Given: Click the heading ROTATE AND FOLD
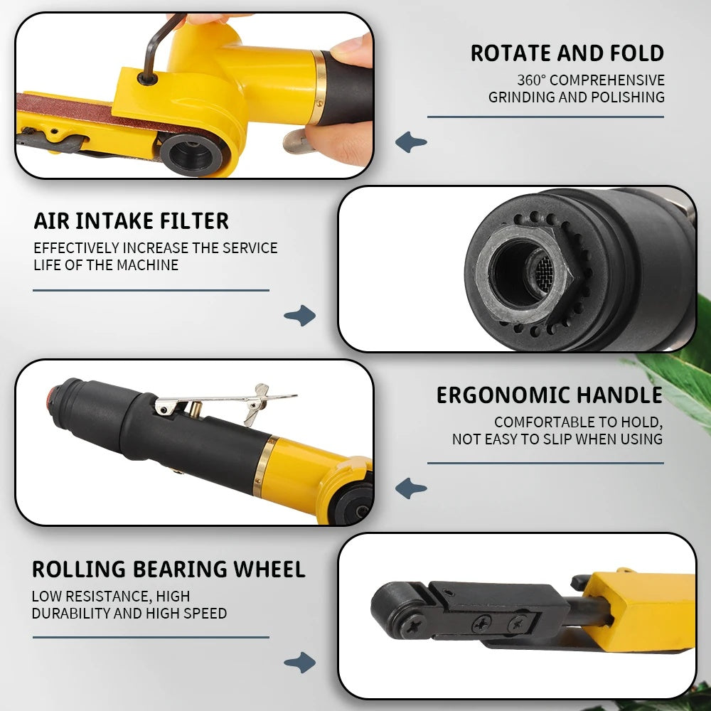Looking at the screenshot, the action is click(x=567, y=53).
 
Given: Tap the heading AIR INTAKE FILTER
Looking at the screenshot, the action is click(x=131, y=221).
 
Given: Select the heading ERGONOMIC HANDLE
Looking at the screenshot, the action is click(x=549, y=395).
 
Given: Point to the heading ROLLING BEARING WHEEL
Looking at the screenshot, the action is click(x=169, y=569).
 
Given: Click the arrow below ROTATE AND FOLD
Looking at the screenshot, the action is click(x=411, y=142).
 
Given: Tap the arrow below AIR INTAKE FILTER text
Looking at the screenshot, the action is click(x=300, y=315).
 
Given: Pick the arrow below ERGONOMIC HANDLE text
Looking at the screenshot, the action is click(x=411, y=488).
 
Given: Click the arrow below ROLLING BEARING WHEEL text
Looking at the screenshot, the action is click(x=300, y=663).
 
